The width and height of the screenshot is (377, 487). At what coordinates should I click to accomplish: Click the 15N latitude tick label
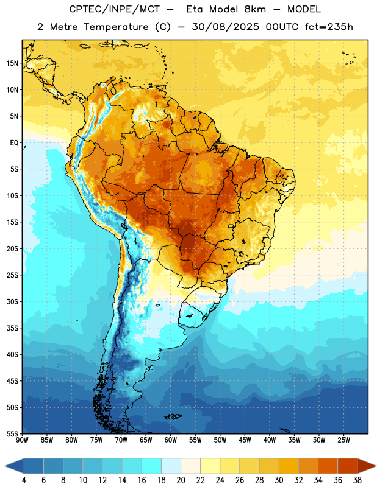12,63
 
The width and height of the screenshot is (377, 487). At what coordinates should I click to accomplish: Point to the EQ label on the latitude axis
14,143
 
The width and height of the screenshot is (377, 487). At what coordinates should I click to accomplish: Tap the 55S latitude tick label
12,433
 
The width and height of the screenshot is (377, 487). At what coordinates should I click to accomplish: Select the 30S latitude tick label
12,301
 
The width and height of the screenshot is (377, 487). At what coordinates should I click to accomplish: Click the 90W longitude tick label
22,440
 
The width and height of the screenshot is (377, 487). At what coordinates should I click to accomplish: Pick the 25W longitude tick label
343,440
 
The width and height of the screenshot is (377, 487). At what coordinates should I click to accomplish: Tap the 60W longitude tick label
171,440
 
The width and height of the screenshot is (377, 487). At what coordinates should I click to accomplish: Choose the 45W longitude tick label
245,440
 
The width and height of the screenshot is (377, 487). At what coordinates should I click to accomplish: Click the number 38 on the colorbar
357,480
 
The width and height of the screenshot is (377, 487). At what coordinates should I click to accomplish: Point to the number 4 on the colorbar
24,480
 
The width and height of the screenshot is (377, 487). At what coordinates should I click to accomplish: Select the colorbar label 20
181,480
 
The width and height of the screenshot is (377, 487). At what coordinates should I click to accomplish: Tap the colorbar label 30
279,480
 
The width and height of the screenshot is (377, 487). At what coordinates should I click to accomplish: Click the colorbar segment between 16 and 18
151,466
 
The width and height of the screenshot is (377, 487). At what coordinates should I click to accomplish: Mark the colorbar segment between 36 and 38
348,466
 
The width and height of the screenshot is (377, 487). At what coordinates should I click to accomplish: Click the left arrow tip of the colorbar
5,466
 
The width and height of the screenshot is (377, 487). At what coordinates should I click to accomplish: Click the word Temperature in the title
115,27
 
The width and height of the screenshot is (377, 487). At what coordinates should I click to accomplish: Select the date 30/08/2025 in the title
226,27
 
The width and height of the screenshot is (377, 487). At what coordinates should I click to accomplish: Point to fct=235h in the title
329,27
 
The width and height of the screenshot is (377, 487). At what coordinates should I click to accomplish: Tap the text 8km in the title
255,9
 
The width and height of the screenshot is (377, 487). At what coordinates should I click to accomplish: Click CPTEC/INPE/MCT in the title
114,10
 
